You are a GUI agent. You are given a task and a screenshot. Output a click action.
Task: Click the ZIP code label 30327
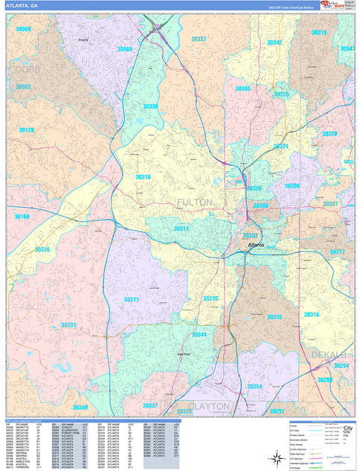(199, 38)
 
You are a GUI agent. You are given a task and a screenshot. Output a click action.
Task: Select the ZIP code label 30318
(143, 177)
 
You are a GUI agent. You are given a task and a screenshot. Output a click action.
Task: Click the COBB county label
(27, 69)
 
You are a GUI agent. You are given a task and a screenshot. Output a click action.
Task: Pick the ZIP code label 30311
(131, 299)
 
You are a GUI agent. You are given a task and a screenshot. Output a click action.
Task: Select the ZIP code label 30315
(275, 317)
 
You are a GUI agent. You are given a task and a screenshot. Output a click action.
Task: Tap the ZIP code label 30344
(199, 334)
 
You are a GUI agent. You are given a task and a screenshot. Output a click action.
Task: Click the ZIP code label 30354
(255, 386)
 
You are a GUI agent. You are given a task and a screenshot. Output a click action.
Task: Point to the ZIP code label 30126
(27, 130)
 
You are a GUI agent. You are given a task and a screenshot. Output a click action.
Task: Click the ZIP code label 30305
(243, 88)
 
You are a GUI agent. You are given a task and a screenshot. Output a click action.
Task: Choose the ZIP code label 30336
(43, 250)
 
